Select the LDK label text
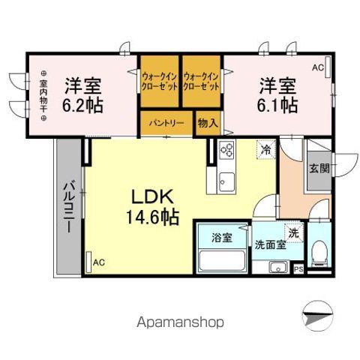pyautogui.click(x=154, y=197)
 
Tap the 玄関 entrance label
pyautogui.click(x=317, y=168)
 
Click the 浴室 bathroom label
pyautogui.click(x=221, y=237)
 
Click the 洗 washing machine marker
pyautogui.click(x=294, y=232)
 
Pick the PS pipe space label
pyautogui.click(x=298, y=269)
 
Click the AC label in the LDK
pyautogui.click(x=99, y=262)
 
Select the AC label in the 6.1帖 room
pyautogui.click(x=318, y=68)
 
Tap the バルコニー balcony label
pyautogui.click(x=67, y=206)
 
